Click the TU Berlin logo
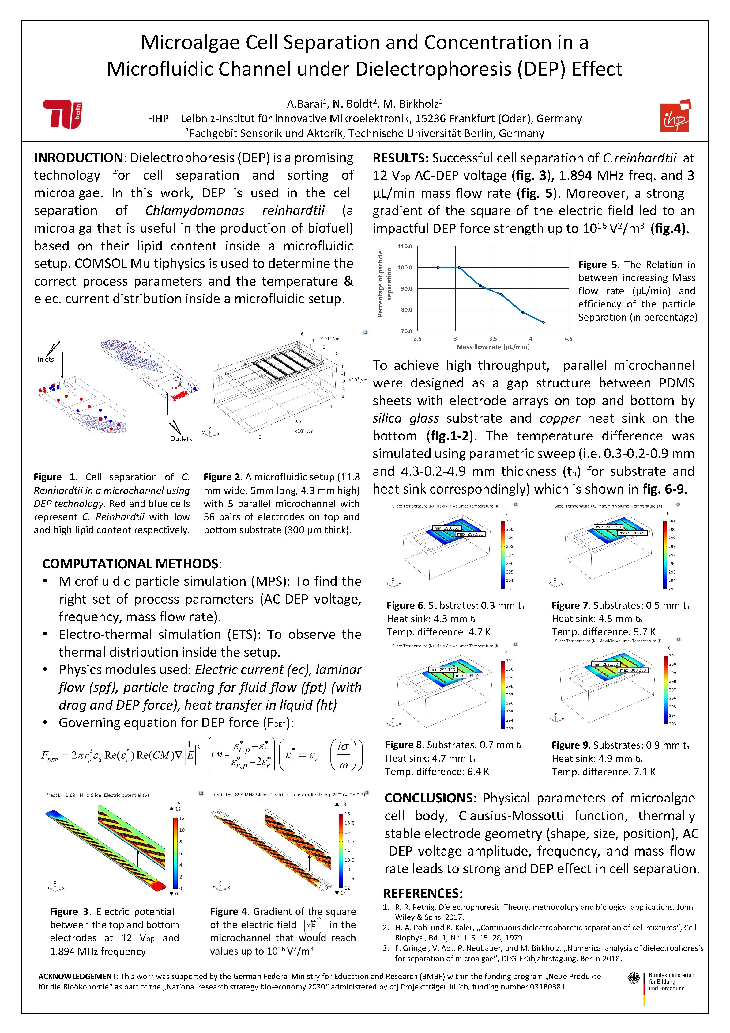[62, 114]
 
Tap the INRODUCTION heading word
[78, 158]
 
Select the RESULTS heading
[400, 158]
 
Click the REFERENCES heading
[422, 893]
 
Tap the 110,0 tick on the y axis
[405, 246]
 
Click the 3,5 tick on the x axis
[493, 338]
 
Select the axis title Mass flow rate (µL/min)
[493, 347]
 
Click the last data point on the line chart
[544, 322]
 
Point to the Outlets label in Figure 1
[181, 439]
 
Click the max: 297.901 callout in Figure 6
[470, 534]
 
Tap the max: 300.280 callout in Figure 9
[633, 670]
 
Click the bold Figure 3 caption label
[70, 912]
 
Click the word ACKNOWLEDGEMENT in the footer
[77, 976]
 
